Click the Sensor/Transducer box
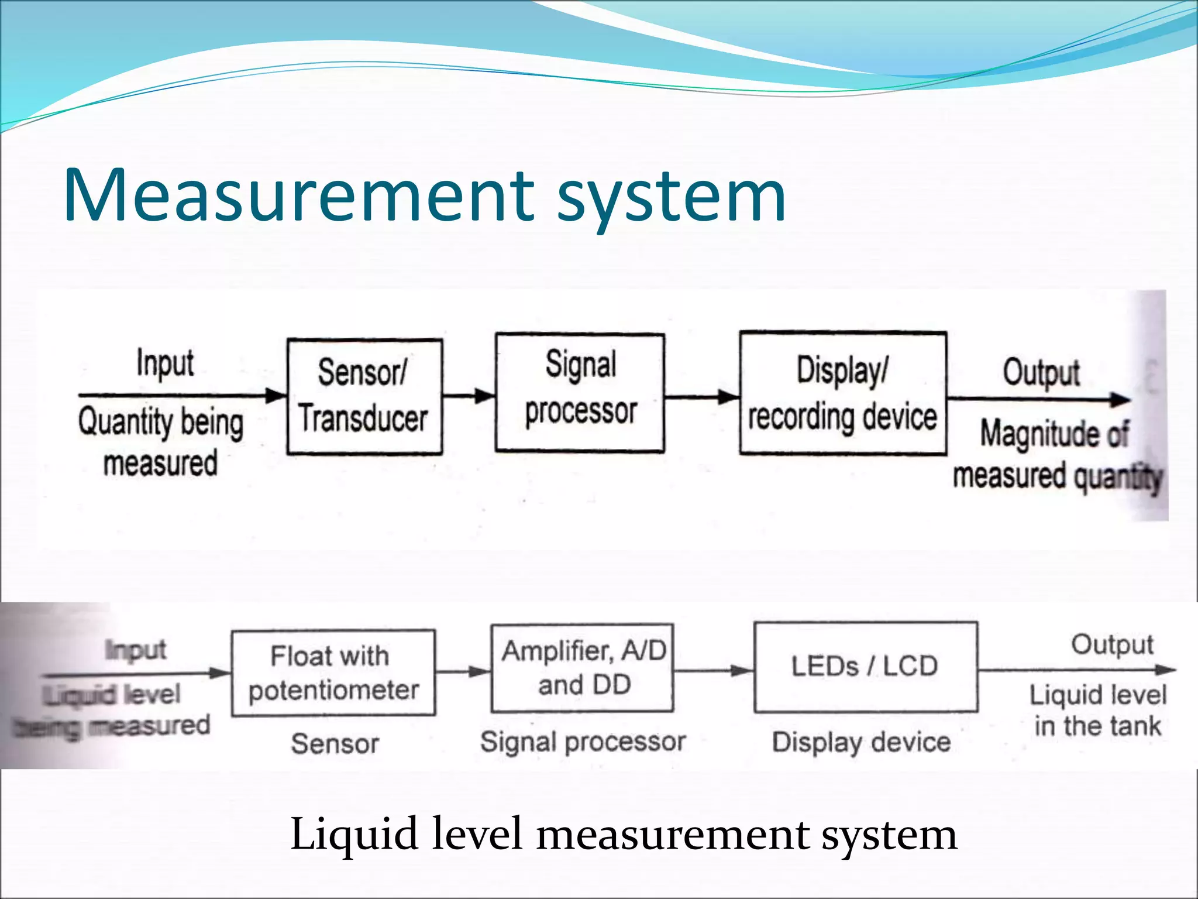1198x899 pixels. [x=364, y=396]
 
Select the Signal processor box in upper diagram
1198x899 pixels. [x=580, y=393]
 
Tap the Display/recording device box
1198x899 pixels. [x=842, y=393]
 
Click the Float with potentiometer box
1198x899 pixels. [x=333, y=673]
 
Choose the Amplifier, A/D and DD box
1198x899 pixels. [x=583, y=668]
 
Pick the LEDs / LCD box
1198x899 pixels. [x=865, y=667]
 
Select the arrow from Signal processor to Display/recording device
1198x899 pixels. [x=702, y=397]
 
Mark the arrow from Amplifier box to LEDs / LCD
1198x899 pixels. [x=714, y=670]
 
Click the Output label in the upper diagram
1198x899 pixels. [x=1041, y=372]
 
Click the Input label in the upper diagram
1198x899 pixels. [x=165, y=363]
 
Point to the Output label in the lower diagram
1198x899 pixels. [x=1112, y=645]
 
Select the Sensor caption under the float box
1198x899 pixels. [x=335, y=744]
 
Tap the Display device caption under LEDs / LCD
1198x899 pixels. [x=861, y=742]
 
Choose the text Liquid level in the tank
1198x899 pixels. [x=1098, y=711]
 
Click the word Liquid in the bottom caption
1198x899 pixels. [x=354, y=834]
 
